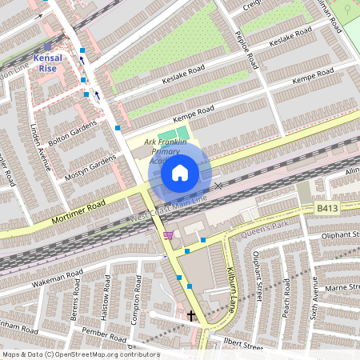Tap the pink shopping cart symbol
click(x=169, y=235)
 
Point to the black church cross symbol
click(x=191, y=316)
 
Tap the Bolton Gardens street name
click(x=78, y=131)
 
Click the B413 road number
click(x=326, y=207)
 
